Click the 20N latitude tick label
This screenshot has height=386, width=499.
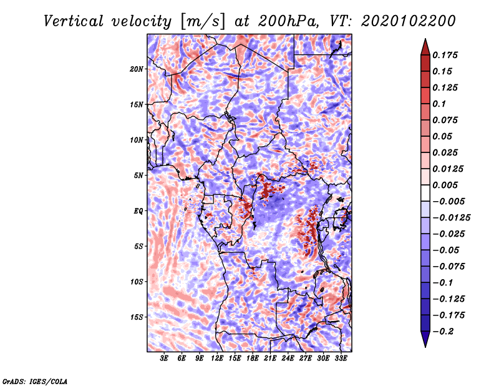coord(136,69)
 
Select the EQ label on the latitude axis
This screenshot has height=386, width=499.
coord(138,211)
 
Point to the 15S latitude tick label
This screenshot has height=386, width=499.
coord(136,317)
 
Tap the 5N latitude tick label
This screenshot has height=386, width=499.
coord(138,176)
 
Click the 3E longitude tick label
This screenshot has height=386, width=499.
coord(164,359)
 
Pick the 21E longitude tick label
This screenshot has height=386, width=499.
coord(270,359)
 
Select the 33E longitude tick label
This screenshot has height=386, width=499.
coord(341,359)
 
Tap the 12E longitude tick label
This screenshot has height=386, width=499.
coord(217,359)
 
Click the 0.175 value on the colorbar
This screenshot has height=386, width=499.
coord(445,55)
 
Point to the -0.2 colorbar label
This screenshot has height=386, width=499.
coord(442,332)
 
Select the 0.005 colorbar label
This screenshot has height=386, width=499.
coord(445,185)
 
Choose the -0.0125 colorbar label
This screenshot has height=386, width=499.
coord(451,218)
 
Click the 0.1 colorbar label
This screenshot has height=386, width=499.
coord(439,104)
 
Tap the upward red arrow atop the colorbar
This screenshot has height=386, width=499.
coord(425,47)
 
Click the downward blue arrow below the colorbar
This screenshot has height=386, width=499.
coord(425,339)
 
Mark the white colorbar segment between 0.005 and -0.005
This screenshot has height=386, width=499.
coord(425,193)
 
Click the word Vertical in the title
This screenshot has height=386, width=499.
coord(74,21)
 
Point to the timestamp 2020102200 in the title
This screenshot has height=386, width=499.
coord(409,21)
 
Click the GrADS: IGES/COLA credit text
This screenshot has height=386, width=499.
coord(35,381)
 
